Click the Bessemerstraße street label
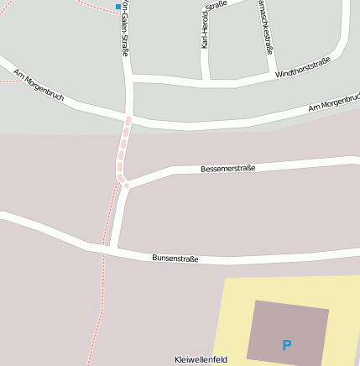click(x=227, y=169)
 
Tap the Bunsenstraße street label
click(x=175, y=258)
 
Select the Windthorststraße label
click(x=303, y=68)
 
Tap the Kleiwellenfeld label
click(x=201, y=359)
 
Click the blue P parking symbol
click(x=287, y=345)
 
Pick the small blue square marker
click(x=117, y=7)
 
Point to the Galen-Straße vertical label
click(x=124, y=29)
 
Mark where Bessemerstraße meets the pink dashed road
click(x=126, y=184)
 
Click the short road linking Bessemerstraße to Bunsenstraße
click(x=118, y=217)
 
